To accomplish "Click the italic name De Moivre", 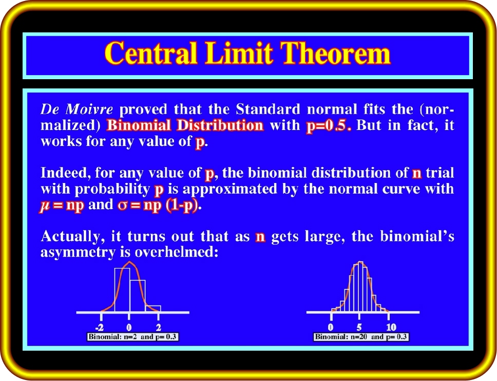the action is (77, 109).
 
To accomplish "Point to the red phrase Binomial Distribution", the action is (185, 125).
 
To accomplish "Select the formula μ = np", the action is (62, 205).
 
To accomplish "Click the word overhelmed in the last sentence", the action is (177, 252).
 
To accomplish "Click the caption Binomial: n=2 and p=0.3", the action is (132, 337).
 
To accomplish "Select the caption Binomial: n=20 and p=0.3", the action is (361, 337).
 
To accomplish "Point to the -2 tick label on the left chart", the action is (100, 327).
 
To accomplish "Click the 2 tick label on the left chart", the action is (159, 327).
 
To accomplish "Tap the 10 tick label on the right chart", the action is (391, 327).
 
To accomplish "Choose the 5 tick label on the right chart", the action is (359, 327).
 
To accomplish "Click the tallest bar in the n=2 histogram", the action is (122, 290).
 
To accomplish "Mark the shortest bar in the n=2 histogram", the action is (153, 309).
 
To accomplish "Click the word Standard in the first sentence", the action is (268, 109).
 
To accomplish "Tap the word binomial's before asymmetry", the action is (417, 236).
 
